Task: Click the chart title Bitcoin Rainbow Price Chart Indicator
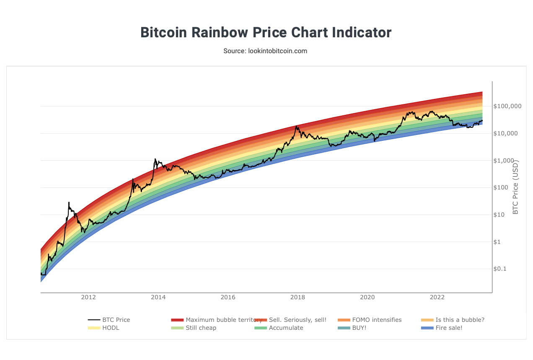266,32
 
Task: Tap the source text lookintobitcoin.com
265,51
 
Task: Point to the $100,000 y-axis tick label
507,106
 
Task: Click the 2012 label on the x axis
88,298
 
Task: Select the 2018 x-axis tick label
298,298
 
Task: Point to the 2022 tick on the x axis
437,298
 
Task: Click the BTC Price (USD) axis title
516,187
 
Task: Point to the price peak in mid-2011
69,202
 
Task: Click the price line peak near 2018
297,126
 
